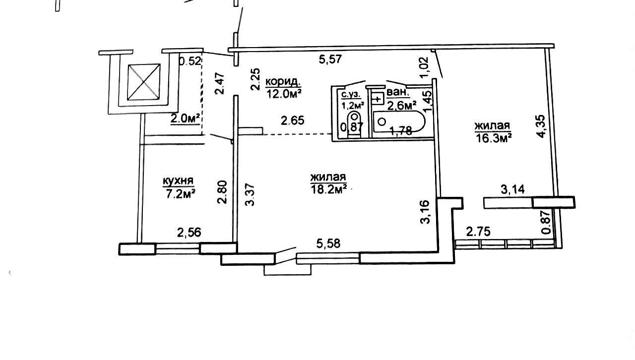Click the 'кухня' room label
[x=178, y=180]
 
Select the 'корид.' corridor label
[x=282, y=82]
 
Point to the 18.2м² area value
[x=329, y=189]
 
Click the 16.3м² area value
[x=494, y=138]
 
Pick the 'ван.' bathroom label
[x=398, y=92]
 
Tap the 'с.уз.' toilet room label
[x=351, y=95]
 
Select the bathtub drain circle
[x=382, y=121]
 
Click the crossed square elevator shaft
[x=144, y=82]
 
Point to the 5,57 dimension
[x=330, y=60]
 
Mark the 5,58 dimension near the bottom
[x=328, y=243]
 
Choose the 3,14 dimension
[x=512, y=189]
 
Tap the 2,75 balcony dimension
[x=478, y=232]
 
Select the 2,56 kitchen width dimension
[x=189, y=233]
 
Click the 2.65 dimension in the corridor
[x=293, y=120]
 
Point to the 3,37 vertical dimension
[x=250, y=195]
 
